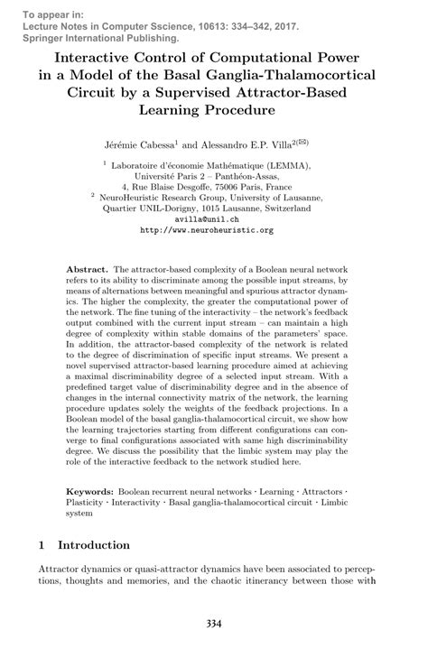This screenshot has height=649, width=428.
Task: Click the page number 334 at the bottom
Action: (x=214, y=623)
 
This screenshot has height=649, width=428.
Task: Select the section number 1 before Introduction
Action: (x=42, y=545)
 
